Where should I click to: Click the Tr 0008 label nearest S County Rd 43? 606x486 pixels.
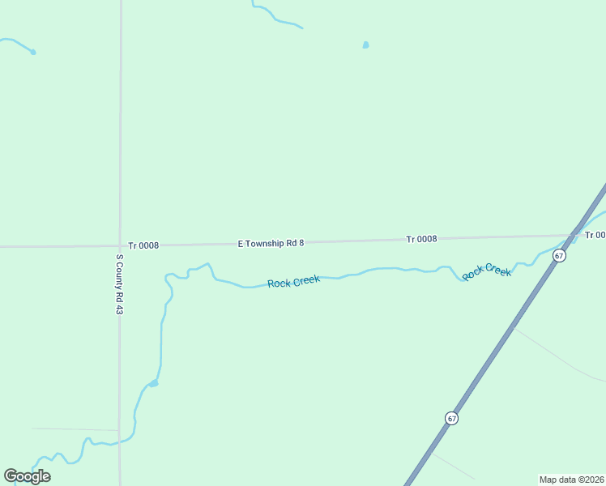pyautogui.click(x=143, y=245)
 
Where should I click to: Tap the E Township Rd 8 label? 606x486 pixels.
pyautogui.click(x=271, y=243)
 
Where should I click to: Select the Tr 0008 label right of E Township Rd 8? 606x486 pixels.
pyautogui.click(x=421, y=239)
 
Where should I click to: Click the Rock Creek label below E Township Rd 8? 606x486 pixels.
pyautogui.click(x=293, y=282)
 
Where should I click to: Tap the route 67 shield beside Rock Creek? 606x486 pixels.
pyautogui.click(x=559, y=255)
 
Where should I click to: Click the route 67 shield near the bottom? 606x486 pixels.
pyautogui.click(x=451, y=418)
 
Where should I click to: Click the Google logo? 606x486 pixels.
pyautogui.click(x=27, y=476)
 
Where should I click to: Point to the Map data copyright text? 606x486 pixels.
pyautogui.click(x=571, y=480)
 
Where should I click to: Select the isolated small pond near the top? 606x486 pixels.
pyautogui.click(x=365, y=45)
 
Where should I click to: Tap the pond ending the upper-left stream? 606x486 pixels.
pyautogui.click(x=32, y=53)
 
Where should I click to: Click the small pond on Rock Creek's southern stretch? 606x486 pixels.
pyautogui.click(x=153, y=383)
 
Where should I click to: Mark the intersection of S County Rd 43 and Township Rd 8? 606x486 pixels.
pyautogui.click(x=120, y=245)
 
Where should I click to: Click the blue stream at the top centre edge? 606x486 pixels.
pyautogui.click(x=275, y=18)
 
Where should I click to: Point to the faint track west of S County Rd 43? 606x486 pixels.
pyautogui.click(x=73, y=429)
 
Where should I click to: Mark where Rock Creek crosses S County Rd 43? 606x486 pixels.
pyautogui.click(x=120, y=441)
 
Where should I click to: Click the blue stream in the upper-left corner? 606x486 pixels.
pyautogui.click(x=15, y=42)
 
